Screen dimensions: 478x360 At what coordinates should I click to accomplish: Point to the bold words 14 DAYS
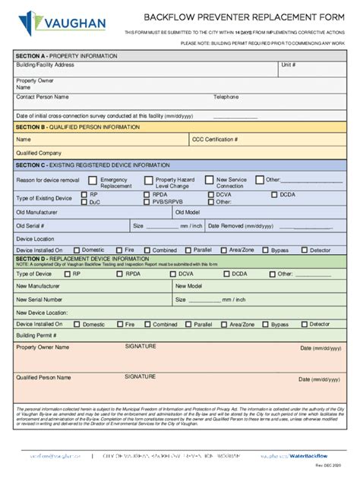(x=244, y=33)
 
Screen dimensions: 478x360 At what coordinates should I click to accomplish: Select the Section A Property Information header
(x=67, y=56)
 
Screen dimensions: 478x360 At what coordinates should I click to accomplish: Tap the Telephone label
(x=226, y=97)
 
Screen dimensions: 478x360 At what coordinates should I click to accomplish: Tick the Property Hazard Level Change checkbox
(x=149, y=181)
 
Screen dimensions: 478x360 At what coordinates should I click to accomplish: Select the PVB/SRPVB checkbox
(x=146, y=203)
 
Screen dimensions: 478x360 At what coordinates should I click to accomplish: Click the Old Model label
(x=188, y=212)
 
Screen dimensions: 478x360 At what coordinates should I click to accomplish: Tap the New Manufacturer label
(x=37, y=286)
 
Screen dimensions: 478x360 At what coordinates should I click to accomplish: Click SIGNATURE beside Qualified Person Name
(x=141, y=376)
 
